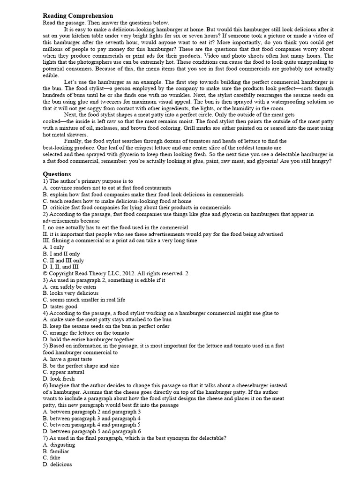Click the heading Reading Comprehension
click(78, 16)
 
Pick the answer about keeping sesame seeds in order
click(106, 326)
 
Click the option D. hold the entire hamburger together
click(88, 339)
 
